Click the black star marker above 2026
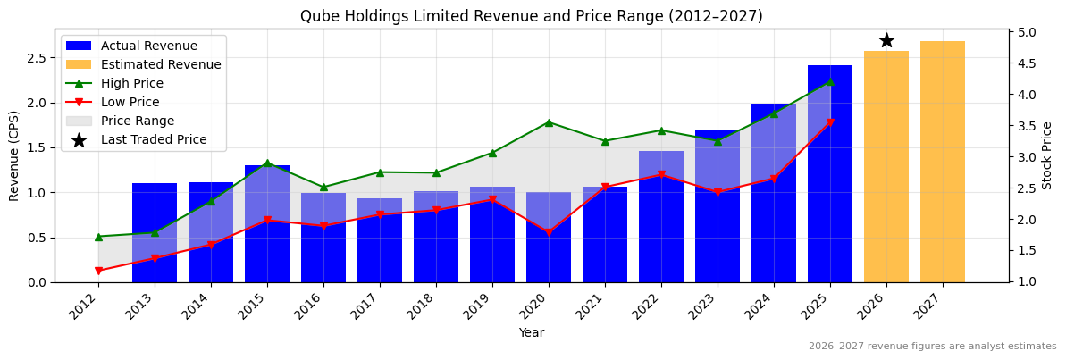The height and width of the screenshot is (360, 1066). point(886,40)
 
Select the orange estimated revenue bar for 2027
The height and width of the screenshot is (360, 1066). point(942,162)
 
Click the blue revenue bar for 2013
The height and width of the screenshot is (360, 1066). point(155,232)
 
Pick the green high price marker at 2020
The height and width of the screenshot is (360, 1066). point(549,122)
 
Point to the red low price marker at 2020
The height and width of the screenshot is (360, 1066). point(549,232)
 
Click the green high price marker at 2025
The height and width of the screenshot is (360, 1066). point(830,81)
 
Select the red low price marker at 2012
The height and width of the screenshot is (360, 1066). point(98,271)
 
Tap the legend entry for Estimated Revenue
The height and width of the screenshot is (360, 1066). point(161,64)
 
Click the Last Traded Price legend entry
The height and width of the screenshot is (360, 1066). point(154,139)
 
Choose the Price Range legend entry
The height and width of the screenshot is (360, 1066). point(138,121)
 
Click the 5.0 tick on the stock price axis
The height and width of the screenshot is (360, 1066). point(1027,33)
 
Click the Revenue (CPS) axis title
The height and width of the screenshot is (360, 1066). point(14,155)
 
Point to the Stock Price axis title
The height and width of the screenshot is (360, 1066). point(1047,155)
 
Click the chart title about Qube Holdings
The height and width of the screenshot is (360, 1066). point(531,16)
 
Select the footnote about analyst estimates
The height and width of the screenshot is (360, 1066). point(932,347)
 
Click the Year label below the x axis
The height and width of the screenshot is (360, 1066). point(531,332)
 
